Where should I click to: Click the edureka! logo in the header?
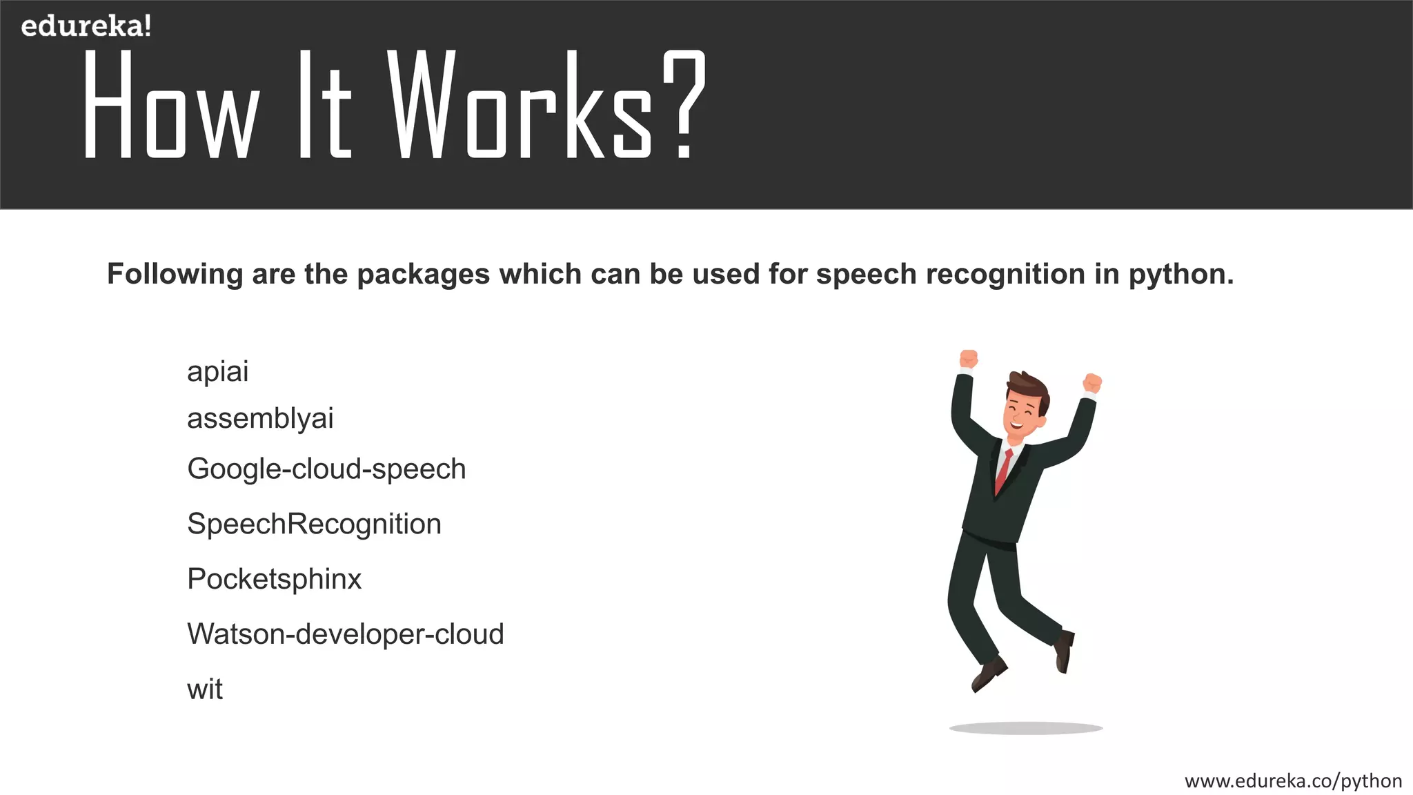click(x=86, y=26)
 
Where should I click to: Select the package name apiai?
click(x=217, y=372)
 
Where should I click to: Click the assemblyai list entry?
click(x=260, y=418)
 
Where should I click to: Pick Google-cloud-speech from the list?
click(x=326, y=469)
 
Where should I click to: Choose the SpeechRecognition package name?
click(x=314, y=524)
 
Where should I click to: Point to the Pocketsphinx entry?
click(x=274, y=579)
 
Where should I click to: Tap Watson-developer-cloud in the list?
click(x=345, y=634)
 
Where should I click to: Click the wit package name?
click(x=204, y=689)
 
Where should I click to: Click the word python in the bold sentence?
click(x=1180, y=275)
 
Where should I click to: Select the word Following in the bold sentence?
click(x=175, y=275)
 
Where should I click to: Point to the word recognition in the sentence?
click(x=1005, y=275)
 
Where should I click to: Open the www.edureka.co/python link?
click(x=1293, y=781)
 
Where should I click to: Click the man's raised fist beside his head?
click(x=1092, y=383)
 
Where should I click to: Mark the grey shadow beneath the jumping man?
click(x=1026, y=728)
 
